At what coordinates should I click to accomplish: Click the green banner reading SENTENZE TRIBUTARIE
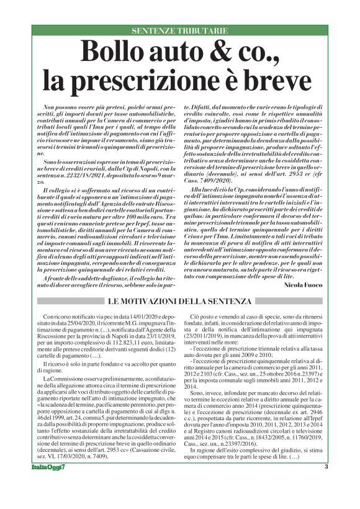coord(179,30)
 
